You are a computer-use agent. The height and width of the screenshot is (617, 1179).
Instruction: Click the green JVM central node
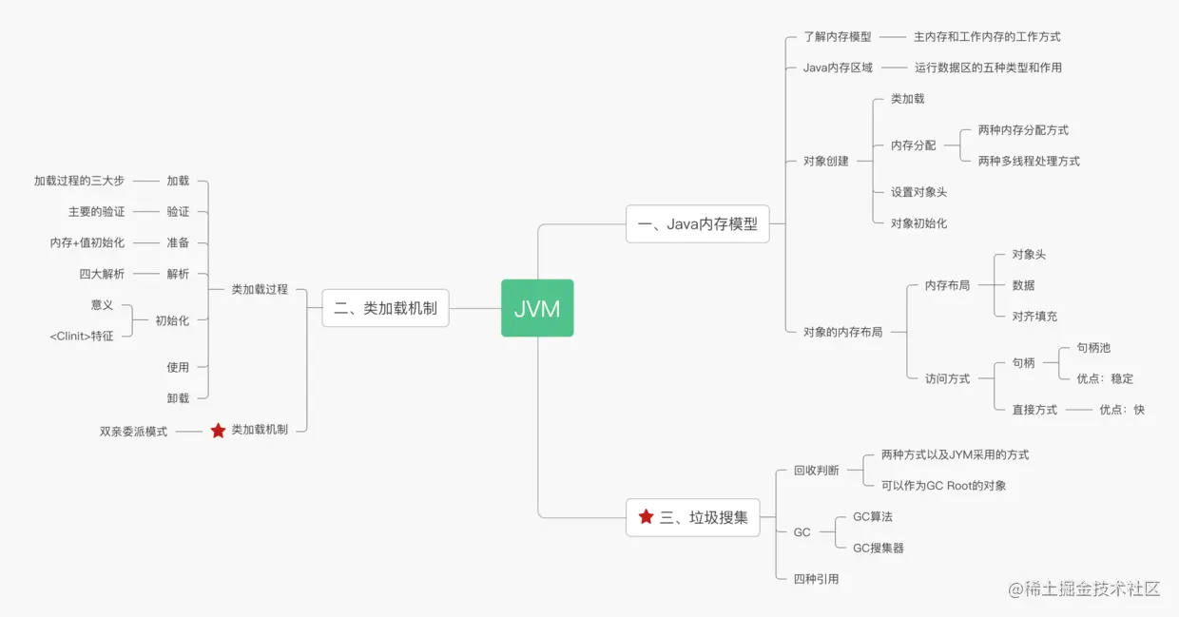point(537,308)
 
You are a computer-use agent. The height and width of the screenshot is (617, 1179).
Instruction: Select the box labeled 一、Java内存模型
point(697,224)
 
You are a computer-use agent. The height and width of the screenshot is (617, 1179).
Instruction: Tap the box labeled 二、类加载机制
point(385,308)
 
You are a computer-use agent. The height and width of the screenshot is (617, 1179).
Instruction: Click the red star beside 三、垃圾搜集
point(647,517)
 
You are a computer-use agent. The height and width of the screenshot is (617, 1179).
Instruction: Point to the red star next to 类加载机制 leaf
point(218,431)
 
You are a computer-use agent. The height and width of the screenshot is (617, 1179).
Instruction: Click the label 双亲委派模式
point(133,431)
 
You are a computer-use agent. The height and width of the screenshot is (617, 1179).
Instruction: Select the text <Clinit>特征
point(82,336)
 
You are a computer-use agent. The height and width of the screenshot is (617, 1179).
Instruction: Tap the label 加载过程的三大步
point(79,181)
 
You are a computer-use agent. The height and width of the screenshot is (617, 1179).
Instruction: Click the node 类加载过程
point(260,289)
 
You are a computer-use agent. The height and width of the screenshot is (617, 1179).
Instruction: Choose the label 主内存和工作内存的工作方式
point(987,37)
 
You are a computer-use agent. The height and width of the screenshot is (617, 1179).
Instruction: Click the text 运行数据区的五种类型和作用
point(988,67)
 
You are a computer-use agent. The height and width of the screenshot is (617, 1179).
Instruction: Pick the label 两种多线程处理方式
point(1029,161)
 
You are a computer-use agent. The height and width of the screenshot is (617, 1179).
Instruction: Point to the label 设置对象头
point(918,192)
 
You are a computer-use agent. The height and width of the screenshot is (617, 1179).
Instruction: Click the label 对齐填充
point(1034,316)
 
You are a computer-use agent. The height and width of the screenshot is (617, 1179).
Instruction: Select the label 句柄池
point(1093,348)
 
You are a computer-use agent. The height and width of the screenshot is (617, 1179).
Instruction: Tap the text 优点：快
point(1122,410)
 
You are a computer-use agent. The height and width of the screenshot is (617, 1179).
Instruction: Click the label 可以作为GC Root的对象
point(943,486)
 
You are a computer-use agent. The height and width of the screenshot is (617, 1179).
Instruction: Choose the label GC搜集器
point(878,548)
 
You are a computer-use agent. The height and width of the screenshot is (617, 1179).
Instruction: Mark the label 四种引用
point(816,579)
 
